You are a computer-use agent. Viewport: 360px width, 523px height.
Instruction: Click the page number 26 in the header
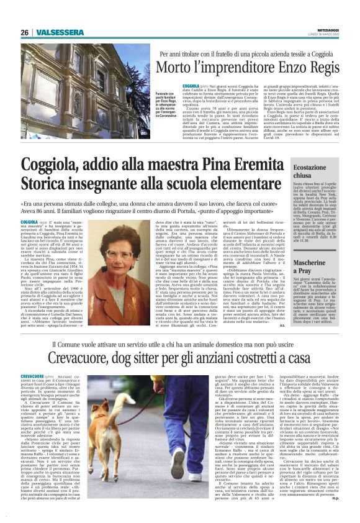[25, 32]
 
